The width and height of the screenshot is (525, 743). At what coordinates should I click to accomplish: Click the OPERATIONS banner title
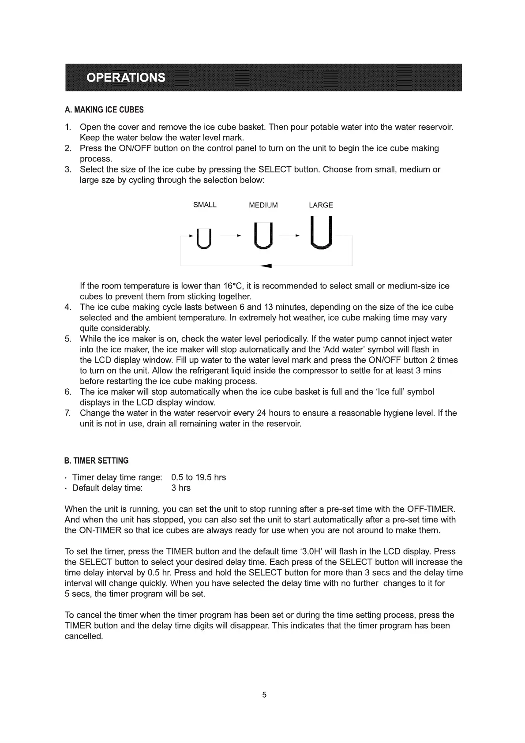point(126,78)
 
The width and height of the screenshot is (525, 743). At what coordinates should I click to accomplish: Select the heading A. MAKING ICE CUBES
point(104,109)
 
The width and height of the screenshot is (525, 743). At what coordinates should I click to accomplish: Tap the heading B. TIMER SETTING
point(96,461)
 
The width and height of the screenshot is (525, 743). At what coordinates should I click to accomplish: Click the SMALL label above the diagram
point(205,205)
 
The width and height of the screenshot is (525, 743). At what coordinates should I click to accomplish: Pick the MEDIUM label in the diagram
point(263,205)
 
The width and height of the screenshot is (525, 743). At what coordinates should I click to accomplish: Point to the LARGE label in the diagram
point(321,205)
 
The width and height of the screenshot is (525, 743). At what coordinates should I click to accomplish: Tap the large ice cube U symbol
point(321,233)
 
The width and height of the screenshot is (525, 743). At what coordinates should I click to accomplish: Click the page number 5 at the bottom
point(264,695)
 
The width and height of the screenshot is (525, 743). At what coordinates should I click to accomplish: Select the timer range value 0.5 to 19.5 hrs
point(199,477)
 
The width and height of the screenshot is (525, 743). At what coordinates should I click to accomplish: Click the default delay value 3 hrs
point(181,488)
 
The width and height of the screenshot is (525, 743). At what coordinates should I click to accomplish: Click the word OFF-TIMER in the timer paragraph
point(431,509)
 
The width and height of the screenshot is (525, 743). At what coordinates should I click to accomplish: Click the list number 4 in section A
point(68,307)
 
